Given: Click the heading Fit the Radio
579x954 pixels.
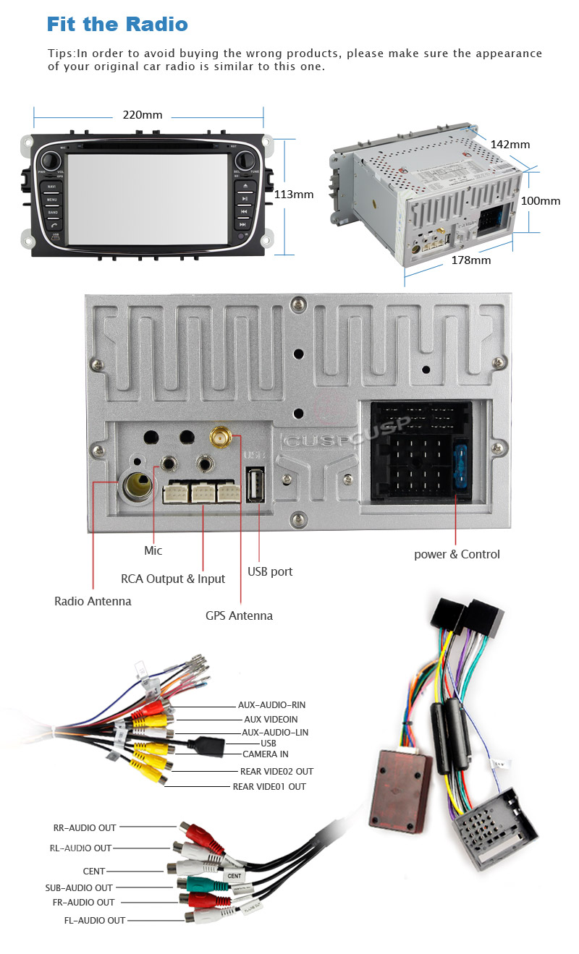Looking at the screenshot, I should [x=117, y=24].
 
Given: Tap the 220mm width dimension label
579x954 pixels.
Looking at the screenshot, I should [x=142, y=115].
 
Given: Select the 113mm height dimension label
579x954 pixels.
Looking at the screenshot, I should [x=294, y=194].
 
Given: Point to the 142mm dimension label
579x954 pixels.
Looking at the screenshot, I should [x=510, y=145].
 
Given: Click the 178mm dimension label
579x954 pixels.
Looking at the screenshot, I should [x=470, y=260].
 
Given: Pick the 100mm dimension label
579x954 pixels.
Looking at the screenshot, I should [x=541, y=201].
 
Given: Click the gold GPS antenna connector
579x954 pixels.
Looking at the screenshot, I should [x=220, y=438].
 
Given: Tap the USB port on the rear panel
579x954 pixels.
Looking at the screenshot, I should [x=255, y=485].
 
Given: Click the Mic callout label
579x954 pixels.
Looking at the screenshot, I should [x=153, y=551].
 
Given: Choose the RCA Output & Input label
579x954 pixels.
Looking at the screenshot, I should [x=173, y=579].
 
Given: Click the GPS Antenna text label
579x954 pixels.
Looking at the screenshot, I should [x=239, y=616].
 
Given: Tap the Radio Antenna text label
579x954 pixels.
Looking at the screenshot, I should [x=93, y=601].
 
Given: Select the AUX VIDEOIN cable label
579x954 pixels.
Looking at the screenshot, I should [x=271, y=720].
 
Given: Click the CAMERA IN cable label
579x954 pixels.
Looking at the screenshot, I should [x=265, y=754].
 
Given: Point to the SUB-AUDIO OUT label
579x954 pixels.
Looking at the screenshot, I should [x=79, y=887].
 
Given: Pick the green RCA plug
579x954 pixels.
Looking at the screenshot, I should [x=197, y=884].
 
